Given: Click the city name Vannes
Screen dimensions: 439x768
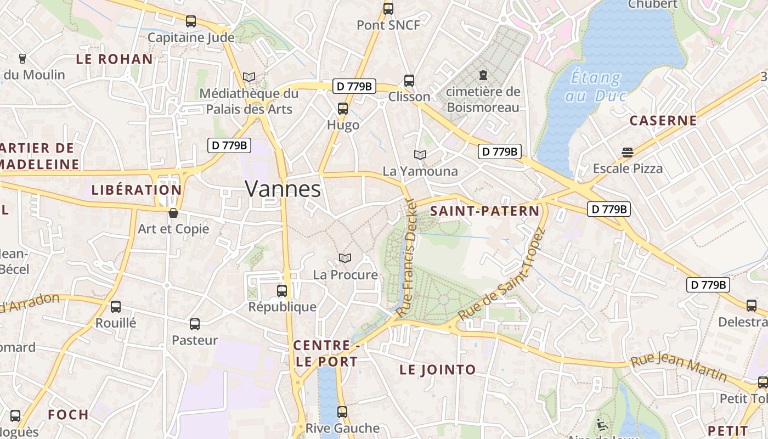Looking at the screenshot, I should pyautogui.click(x=283, y=189).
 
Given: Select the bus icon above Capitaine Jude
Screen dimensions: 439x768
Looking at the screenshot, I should pyautogui.click(x=190, y=21).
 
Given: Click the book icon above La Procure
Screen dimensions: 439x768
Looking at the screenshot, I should pyautogui.click(x=345, y=258).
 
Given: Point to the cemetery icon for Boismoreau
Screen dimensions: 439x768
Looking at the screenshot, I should pyautogui.click(x=483, y=75).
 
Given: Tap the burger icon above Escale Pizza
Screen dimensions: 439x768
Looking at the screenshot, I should pyautogui.click(x=628, y=152).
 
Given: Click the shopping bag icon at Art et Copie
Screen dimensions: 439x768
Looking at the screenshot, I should pyautogui.click(x=173, y=213).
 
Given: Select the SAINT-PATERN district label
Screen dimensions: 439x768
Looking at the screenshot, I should pyautogui.click(x=485, y=211).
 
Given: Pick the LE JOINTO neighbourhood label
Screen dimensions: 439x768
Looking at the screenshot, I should pyautogui.click(x=438, y=370).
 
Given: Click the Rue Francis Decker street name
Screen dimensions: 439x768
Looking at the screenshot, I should pyautogui.click(x=406, y=258).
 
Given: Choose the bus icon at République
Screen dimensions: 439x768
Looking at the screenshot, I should pyautogui.click(x=282, y=290).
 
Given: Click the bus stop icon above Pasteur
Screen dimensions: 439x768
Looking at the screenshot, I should pyautogui.click(x=195, y=324).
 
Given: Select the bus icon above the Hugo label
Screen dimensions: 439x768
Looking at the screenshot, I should pyautogui.click(x=343, y=108).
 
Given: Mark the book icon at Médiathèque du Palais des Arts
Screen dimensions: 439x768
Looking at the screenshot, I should pyautogui.click(x=249, y=77).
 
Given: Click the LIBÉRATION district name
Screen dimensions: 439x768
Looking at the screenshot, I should pyautogui.click(x=136, y=190).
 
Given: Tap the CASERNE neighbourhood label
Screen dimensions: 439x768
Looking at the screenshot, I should pyautogui.click(x=663, y=121).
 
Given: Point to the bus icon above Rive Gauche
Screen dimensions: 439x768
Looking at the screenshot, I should pyautogui.click(x=342, y=412).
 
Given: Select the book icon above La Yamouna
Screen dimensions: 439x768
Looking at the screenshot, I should pyautogui.click(x=420, y=155).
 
